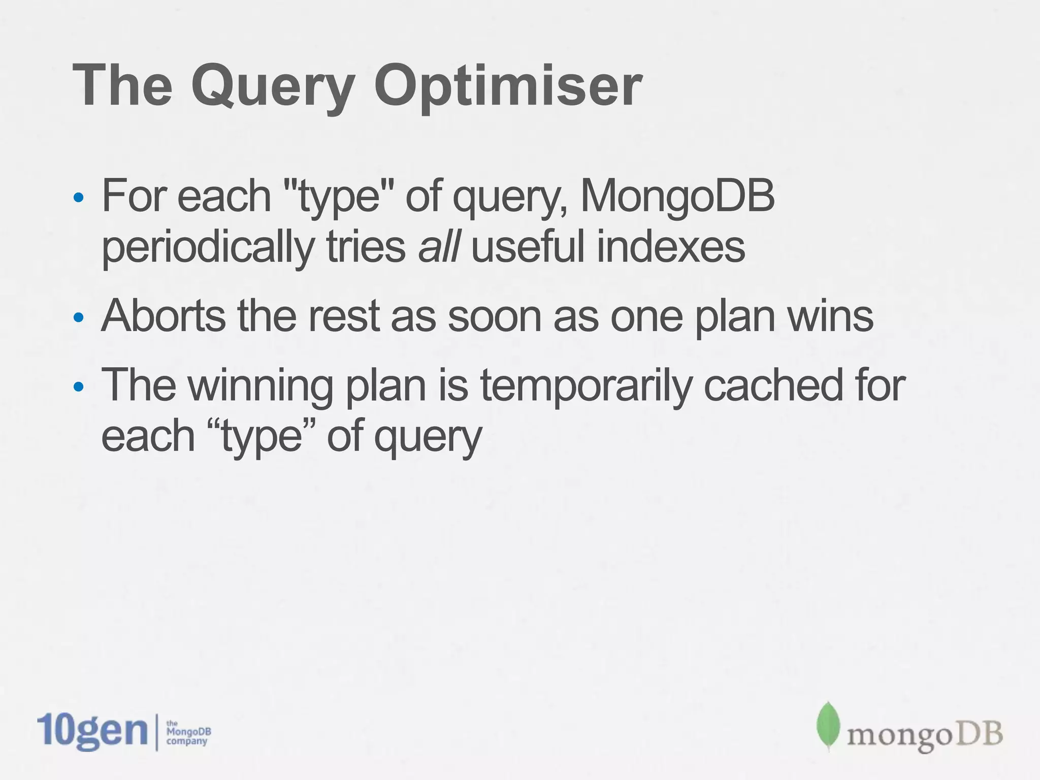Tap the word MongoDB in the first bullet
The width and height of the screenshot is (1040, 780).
point(677,197)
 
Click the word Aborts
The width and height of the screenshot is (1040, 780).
point(163,316)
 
